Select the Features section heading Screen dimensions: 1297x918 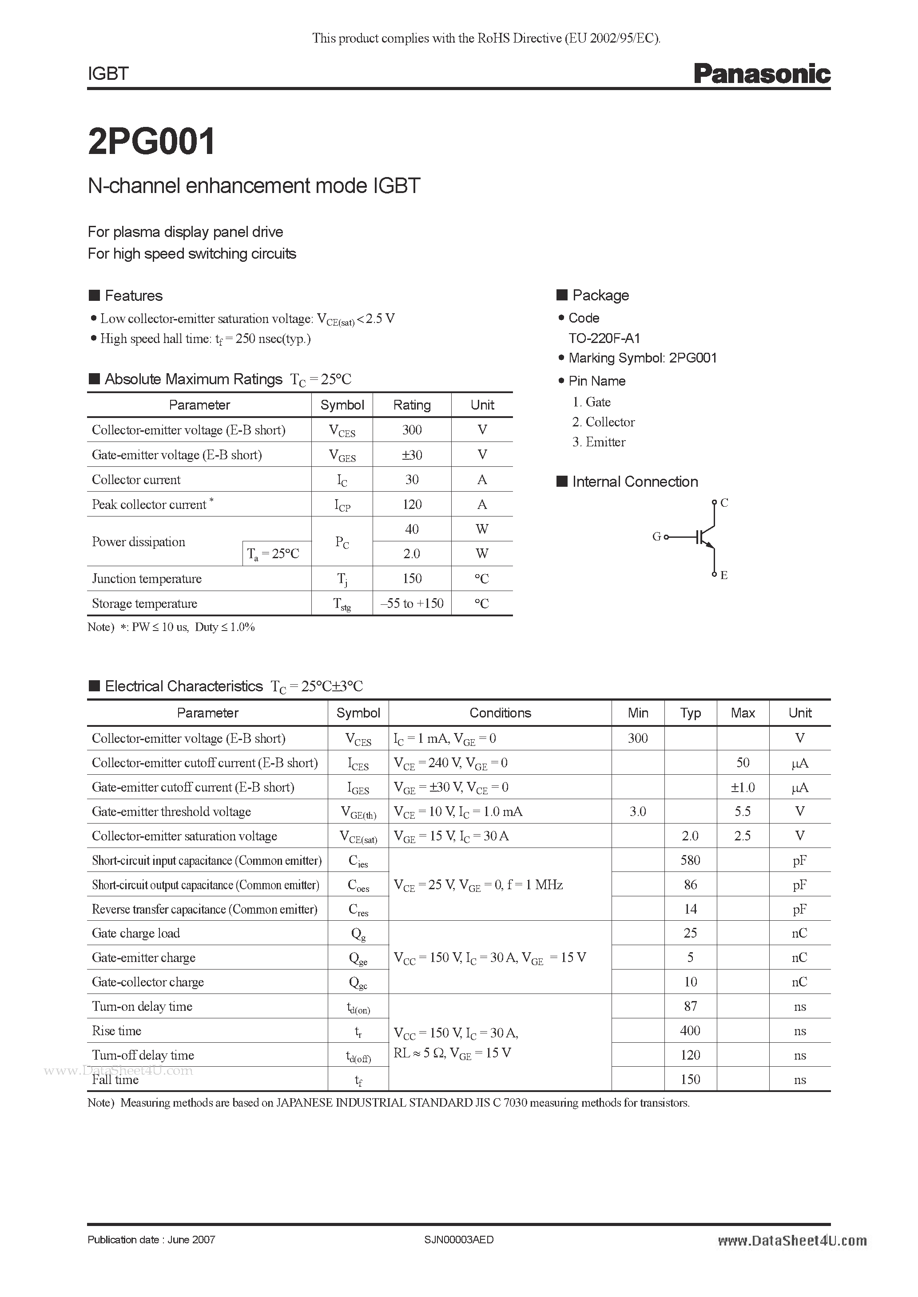click(x=133, y=296)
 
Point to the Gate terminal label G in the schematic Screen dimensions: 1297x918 click(x=656, y=536)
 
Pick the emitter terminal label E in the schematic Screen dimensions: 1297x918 click(x=723, y=575)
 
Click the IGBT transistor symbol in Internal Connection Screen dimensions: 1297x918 click(x=704, y=537)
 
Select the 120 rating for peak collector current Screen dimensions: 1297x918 click(x=412, y=505)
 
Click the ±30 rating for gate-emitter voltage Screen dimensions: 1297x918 click(x=412, y=455)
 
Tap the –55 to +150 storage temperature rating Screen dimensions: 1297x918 click(x=412, y=603)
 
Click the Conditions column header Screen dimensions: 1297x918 click(x=500, y=713)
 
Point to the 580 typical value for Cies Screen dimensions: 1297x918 click(x=690, y=860)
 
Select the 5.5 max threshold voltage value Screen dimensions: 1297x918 click(x=742, y=812)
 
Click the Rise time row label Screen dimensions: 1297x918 click(x=116, y=1031)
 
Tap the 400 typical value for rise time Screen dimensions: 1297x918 click(x=690, y=1031)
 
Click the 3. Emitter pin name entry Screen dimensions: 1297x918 click(x=599, y=442)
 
